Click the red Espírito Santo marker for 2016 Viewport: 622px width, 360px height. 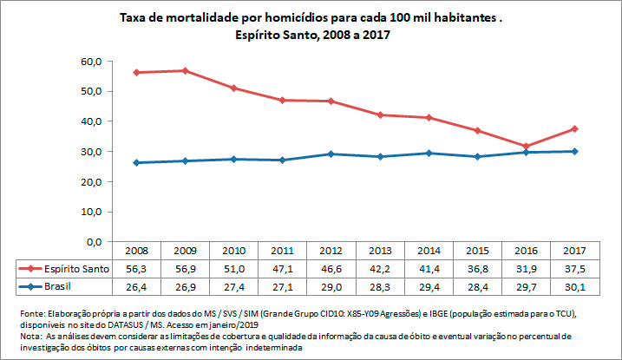(x=524, y=146)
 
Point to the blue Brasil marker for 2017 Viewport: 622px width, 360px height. (x=573, y=151)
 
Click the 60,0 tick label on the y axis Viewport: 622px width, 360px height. (x=91, y=62)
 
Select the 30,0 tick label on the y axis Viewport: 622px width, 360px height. (x=91, y=152)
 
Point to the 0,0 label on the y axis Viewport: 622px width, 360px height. (x=94, y=241)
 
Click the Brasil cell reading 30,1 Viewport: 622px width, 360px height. (x=573, y=286)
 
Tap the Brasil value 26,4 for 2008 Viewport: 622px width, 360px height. (x=136, y=286)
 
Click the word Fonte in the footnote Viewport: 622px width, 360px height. (x=31, y=312)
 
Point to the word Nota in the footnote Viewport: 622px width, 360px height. (x=29, y=334)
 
